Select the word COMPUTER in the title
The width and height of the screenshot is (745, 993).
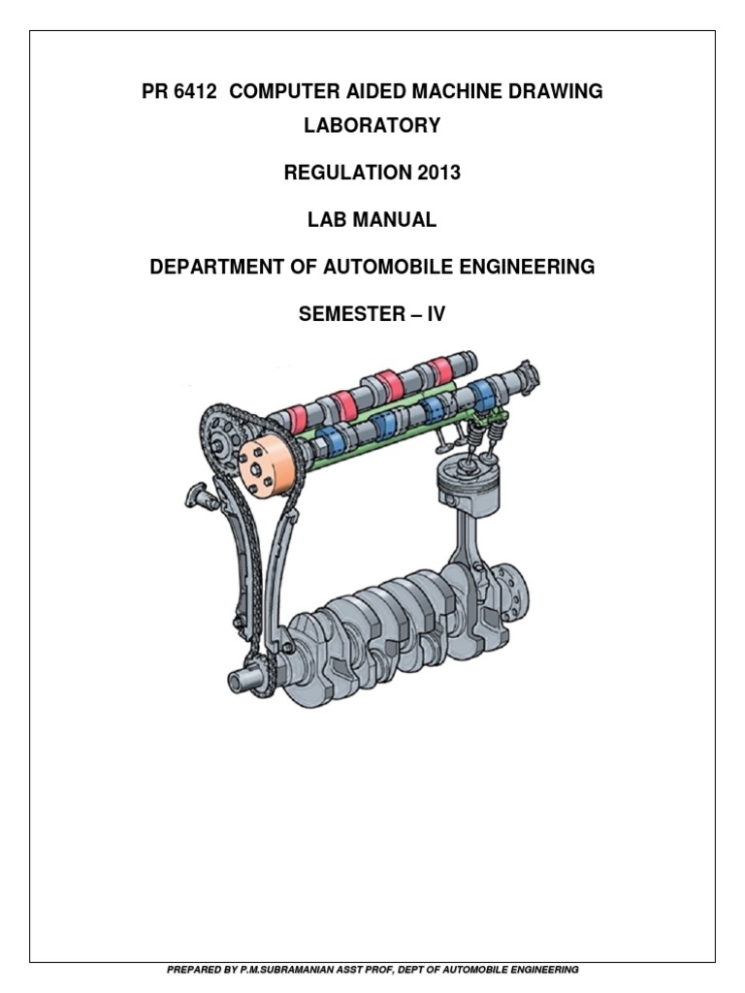[x=281, y=91]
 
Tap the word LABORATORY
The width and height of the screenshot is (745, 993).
[x=372, y=125]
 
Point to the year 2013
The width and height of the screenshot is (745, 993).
[x=435, y=173]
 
